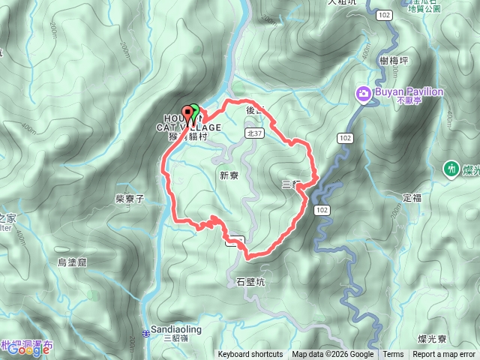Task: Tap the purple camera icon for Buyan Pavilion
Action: pos(363,93)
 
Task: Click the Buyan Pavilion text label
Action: pos(406,91)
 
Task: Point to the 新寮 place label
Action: pos(229,175)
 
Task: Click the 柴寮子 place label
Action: pos(130,199)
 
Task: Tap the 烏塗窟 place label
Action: pos(73,262)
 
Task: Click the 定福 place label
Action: pos(413,198)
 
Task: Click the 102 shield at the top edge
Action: pos(385,14)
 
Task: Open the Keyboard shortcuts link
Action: pos(250,355)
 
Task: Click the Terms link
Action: pos(393,355)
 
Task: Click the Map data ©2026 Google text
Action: pos(333,355)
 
